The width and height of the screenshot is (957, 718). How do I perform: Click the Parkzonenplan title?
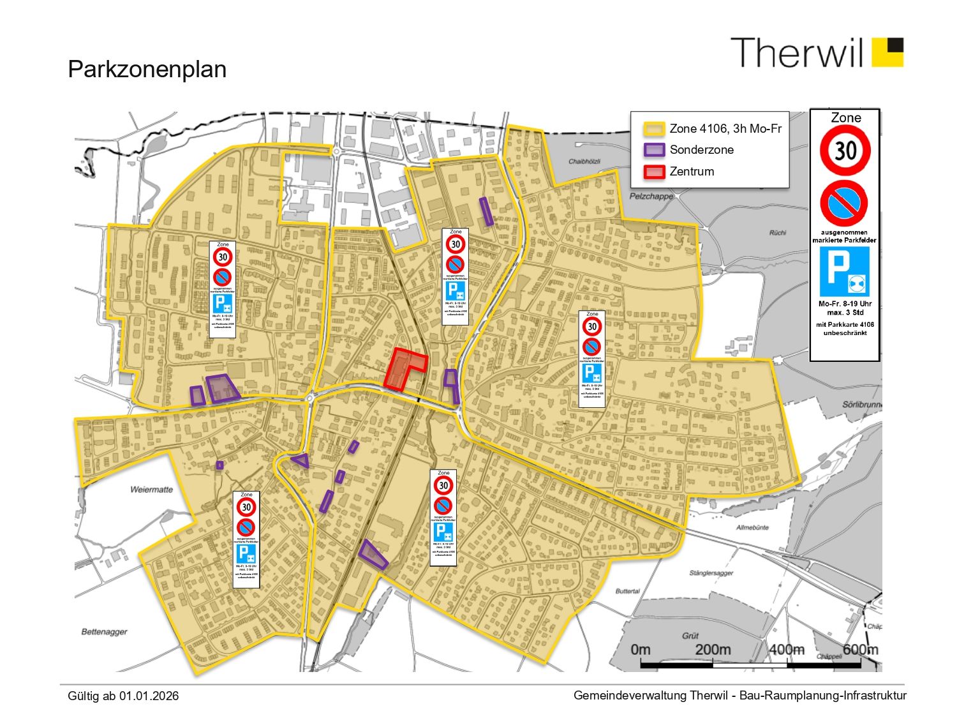point(147,70)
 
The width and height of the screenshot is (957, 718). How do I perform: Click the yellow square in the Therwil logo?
point(887,52)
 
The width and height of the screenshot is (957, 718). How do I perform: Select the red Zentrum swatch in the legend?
point(655,172)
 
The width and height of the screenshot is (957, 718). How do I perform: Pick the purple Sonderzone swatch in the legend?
point(655,150)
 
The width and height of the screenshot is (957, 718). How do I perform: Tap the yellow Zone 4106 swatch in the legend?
point(655,129)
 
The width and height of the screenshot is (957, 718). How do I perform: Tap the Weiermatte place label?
point(151,490)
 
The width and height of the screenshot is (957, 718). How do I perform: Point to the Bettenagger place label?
point(104,632)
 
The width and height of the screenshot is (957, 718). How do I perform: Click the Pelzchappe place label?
point(651,196)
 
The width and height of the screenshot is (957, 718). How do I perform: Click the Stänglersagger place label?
point(711,573)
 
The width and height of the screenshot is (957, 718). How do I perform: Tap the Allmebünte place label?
point(752,527)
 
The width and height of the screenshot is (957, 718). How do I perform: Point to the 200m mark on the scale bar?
point(713,650)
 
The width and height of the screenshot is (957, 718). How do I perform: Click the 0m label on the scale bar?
point(641,650)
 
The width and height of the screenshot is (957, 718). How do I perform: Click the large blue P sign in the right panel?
point(845,271)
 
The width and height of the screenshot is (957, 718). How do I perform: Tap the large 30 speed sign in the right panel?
point(845,151)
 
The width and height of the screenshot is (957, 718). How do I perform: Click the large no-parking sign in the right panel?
point(844,204)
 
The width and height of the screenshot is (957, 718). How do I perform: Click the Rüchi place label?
point(777,232)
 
